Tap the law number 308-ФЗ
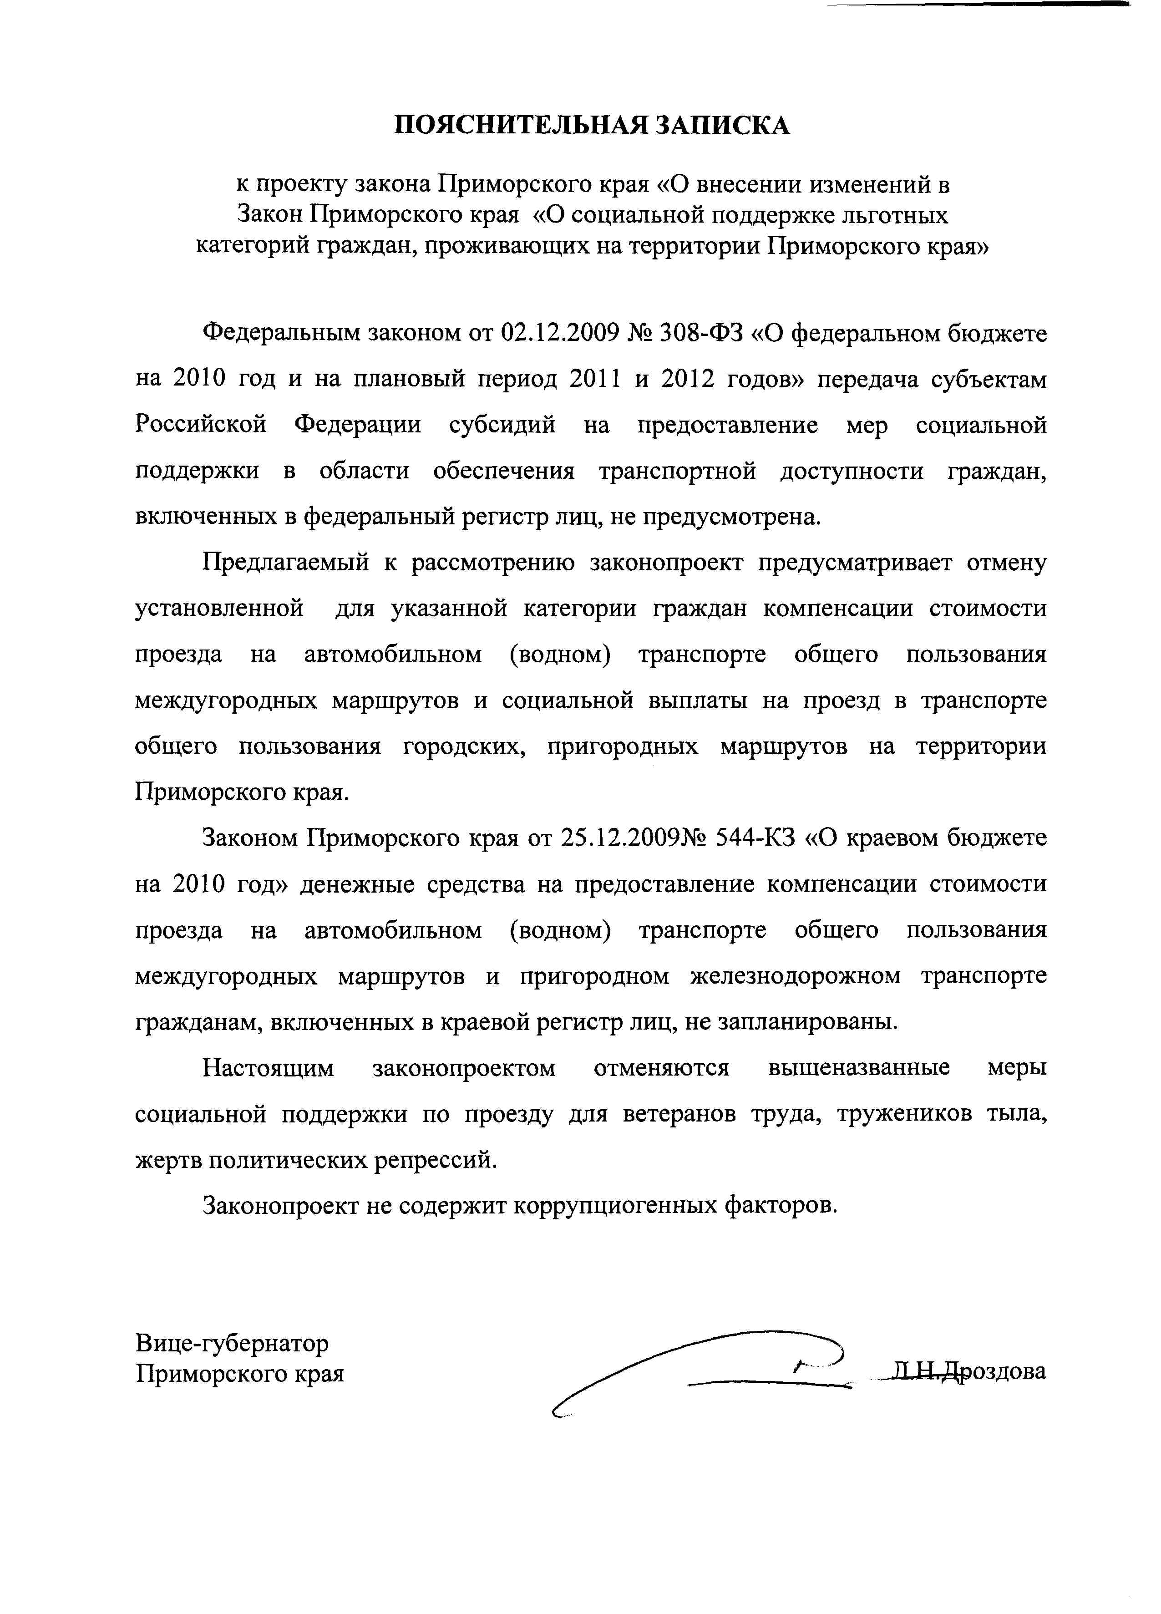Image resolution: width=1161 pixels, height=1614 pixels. tap(693, 333)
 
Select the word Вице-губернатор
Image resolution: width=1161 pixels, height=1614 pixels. tap(232, 1343)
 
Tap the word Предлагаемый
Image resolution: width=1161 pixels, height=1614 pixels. tap(285, 563)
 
